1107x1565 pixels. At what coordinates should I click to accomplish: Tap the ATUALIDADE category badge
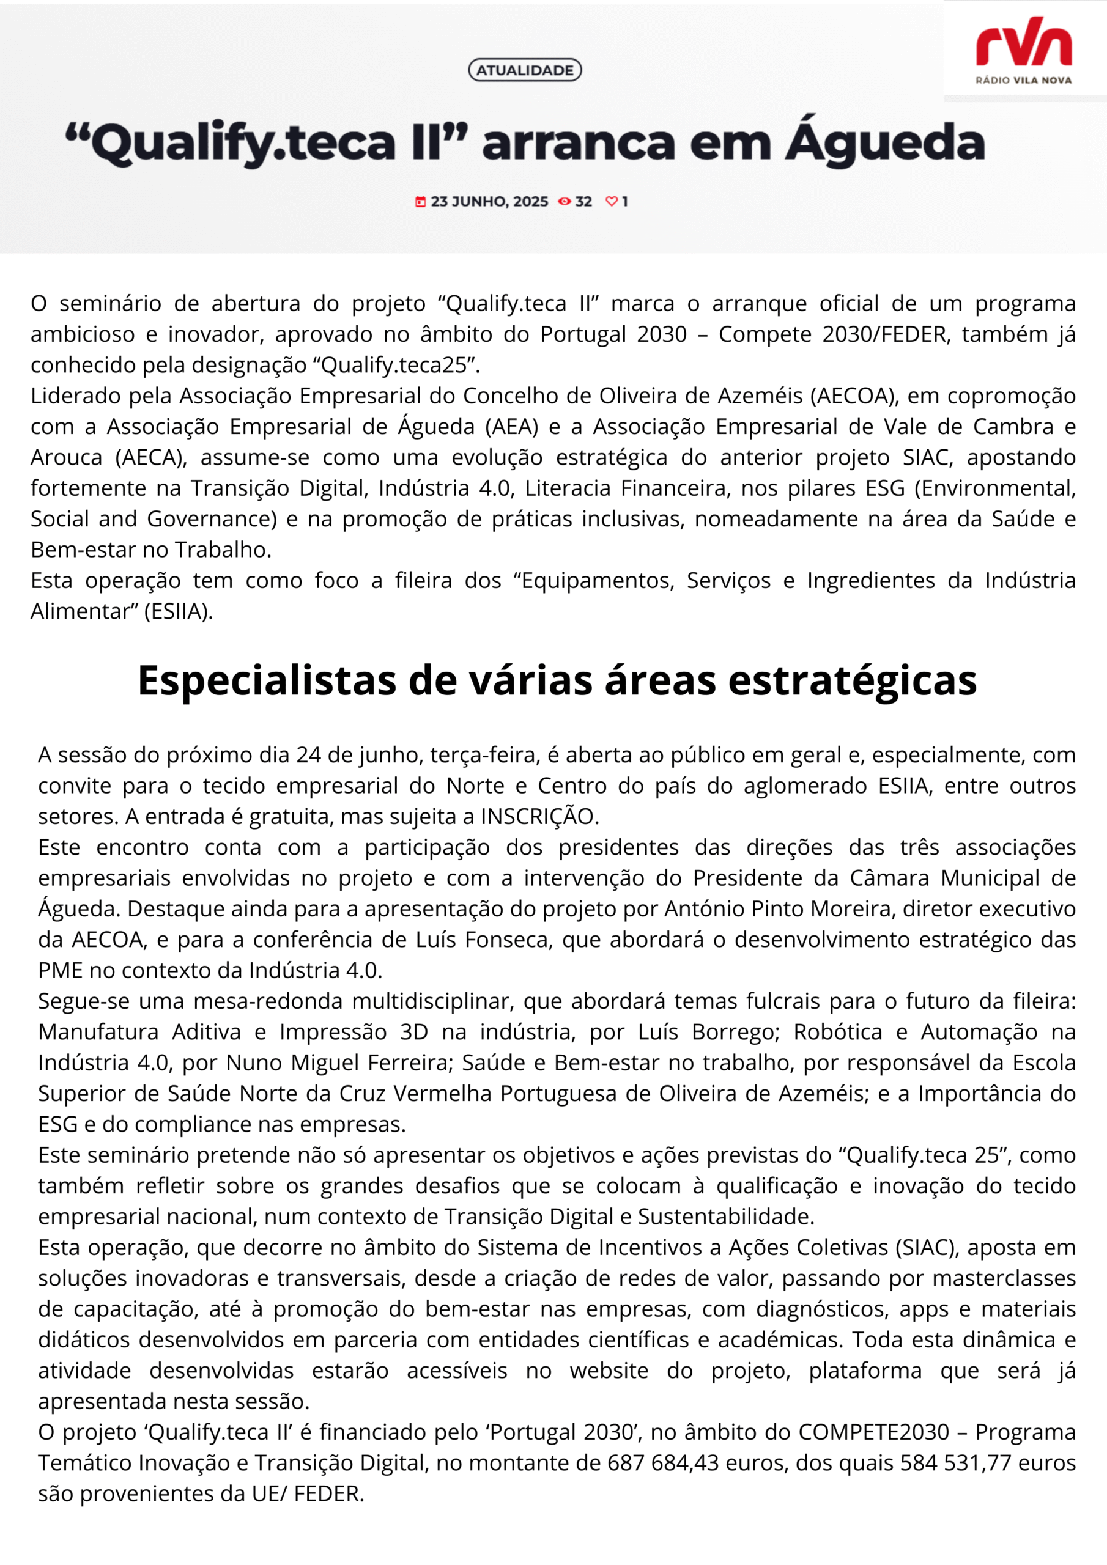525,70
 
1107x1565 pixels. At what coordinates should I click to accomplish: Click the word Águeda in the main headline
884,142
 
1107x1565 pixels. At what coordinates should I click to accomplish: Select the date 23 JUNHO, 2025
489,202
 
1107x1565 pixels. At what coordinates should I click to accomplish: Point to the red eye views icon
564,202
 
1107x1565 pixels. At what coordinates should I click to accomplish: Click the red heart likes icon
611,202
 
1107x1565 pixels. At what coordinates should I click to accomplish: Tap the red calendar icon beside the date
421,202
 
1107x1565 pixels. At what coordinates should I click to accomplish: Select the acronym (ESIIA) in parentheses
178,611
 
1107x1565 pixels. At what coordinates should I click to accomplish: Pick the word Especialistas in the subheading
267,680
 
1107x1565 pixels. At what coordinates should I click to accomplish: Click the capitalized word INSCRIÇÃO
539,816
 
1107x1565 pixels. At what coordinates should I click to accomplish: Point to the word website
609,1371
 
